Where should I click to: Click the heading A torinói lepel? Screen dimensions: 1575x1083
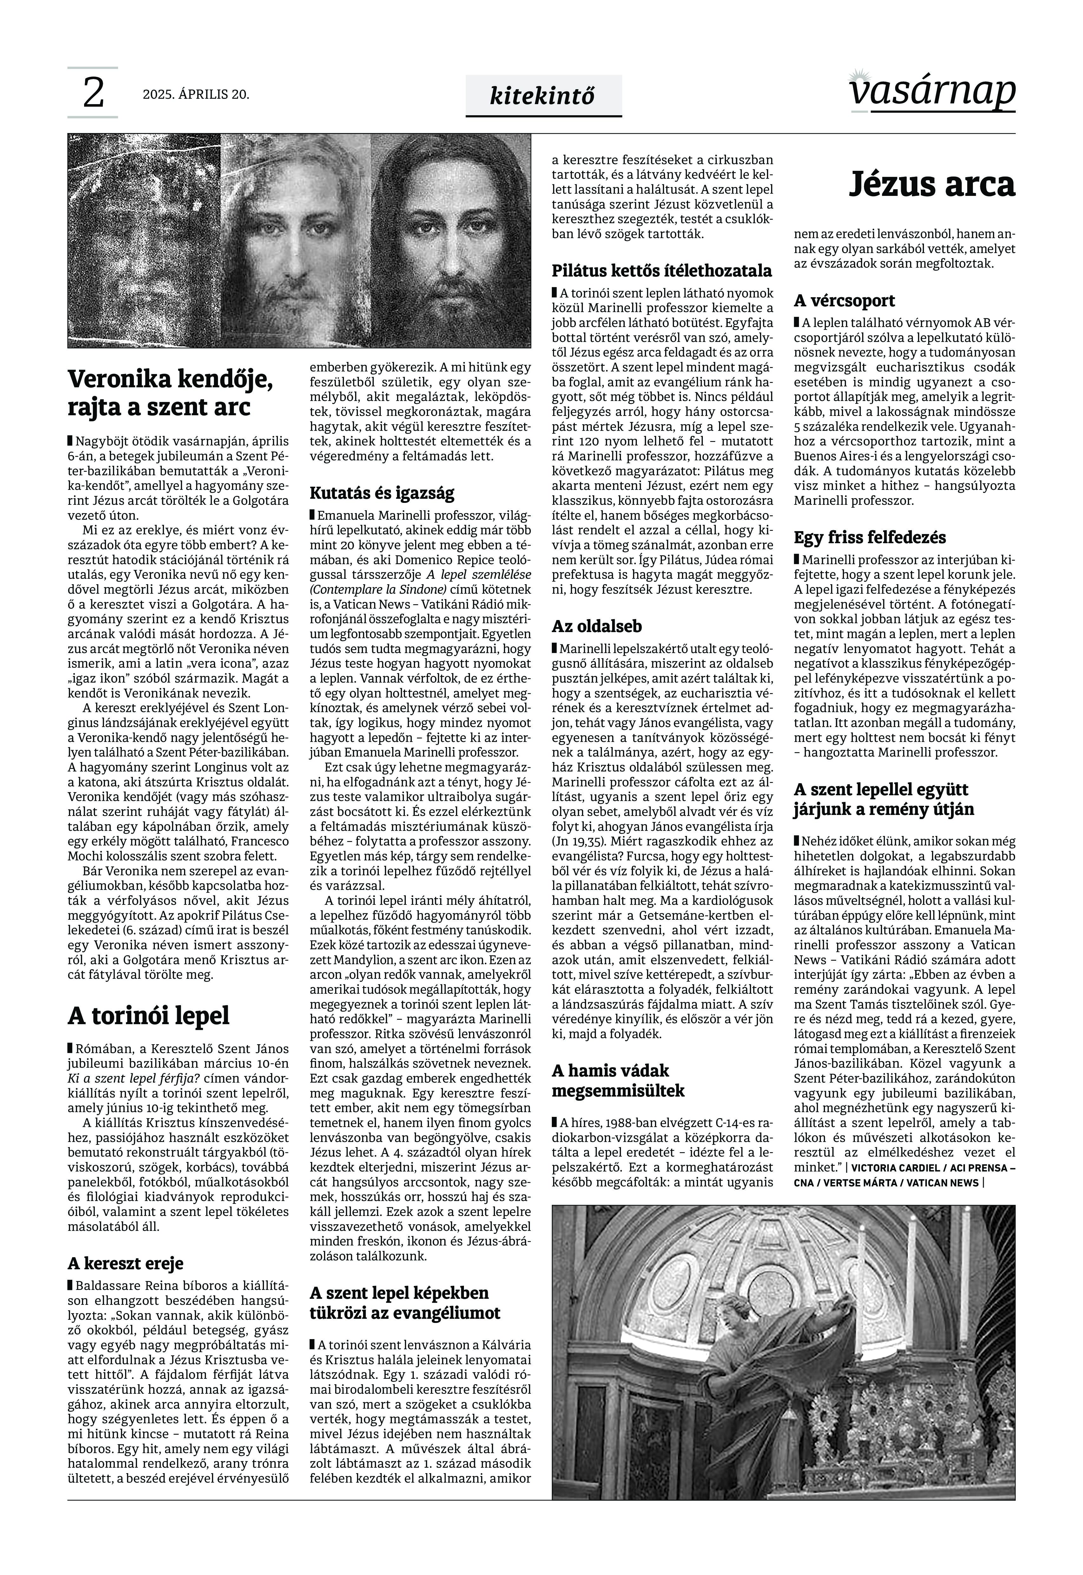(149, 1016)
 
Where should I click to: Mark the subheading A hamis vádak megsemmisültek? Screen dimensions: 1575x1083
(618, 1080)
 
